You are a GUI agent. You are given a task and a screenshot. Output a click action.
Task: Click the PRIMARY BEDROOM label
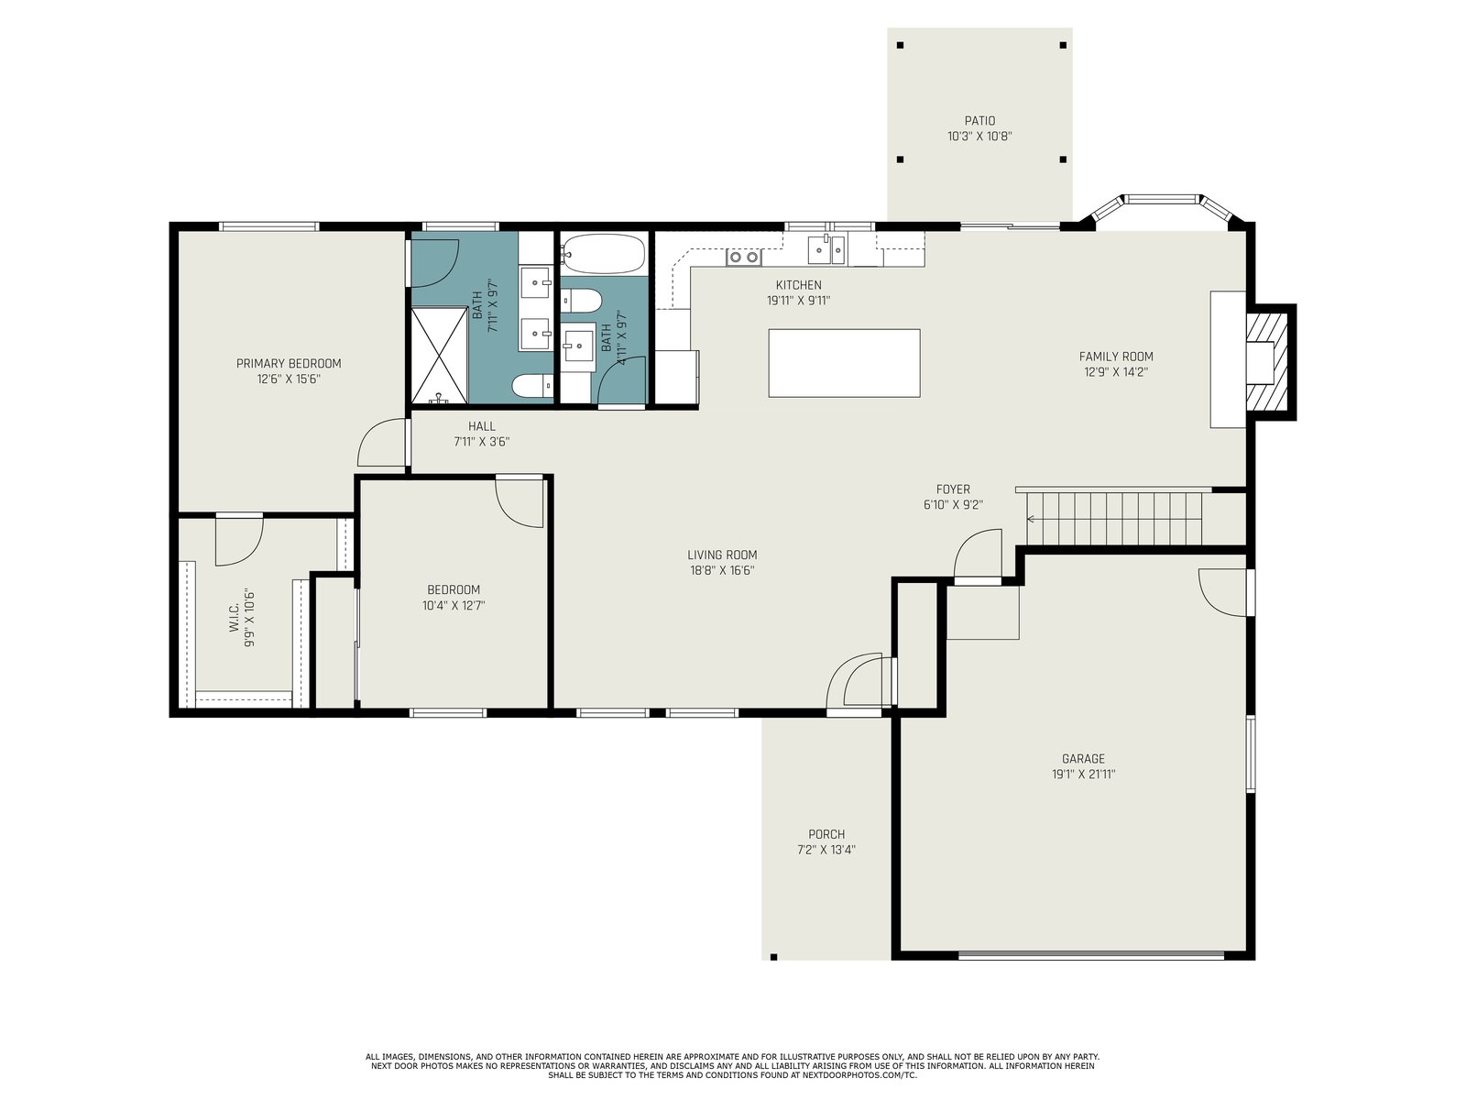coord(289,363)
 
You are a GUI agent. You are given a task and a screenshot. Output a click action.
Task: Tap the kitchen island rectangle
coord(844,363)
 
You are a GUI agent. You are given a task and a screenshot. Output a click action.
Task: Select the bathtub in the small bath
coord(604,253)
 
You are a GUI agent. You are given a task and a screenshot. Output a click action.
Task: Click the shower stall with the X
coord(439,356)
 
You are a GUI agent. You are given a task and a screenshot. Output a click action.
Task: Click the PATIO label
coord(979,121)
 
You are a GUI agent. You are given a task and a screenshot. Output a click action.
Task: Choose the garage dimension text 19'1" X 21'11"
coord(1083,775)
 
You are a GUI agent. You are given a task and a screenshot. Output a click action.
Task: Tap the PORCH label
coord(826,834)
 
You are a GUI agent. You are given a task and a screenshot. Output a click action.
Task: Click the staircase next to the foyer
coord(1114,519)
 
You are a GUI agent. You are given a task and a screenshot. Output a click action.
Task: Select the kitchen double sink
coord(826,249)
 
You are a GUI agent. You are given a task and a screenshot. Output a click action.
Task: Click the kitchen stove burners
coord(743,257)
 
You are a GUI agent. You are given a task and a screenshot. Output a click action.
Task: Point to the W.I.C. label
coord(234,618)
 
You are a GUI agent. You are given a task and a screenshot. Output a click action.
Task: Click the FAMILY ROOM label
coord(1116,357)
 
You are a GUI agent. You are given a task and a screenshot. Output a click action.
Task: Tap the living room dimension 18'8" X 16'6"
coord(722,571)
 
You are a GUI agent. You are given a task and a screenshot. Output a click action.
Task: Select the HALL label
coord(482,426)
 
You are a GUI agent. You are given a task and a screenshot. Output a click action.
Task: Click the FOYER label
coord(953,489)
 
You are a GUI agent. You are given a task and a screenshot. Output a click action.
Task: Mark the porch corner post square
coord(773,957)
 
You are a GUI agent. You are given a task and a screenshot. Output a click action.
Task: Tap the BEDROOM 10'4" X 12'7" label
coord(454,598)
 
